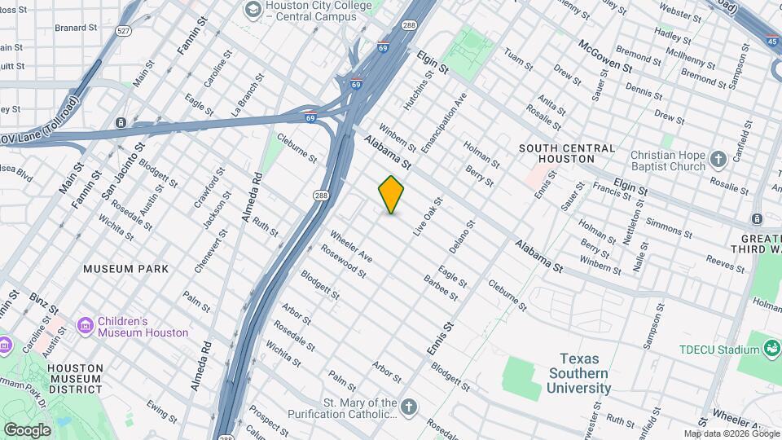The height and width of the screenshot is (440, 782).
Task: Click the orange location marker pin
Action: (391, 194)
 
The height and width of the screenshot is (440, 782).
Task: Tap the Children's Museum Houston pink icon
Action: (85, 326)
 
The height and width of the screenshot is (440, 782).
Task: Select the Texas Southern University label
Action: (578, 373)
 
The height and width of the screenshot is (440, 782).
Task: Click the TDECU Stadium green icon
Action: (771, 350)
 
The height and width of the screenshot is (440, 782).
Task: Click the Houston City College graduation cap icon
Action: (253, 10)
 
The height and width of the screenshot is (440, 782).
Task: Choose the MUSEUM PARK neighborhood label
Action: (126, 268)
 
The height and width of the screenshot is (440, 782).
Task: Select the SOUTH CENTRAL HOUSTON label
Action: (569, 153)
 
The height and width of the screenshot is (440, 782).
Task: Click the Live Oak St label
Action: (427, 216)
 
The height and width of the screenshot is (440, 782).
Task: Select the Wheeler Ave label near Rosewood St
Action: (351, 247)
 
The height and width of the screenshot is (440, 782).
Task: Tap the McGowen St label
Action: (604, 56)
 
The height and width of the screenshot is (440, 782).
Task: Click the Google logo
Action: (27, 429)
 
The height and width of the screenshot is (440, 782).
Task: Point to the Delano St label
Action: (461, 235)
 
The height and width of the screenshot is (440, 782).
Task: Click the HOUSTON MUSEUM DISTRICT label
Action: (75, 379)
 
